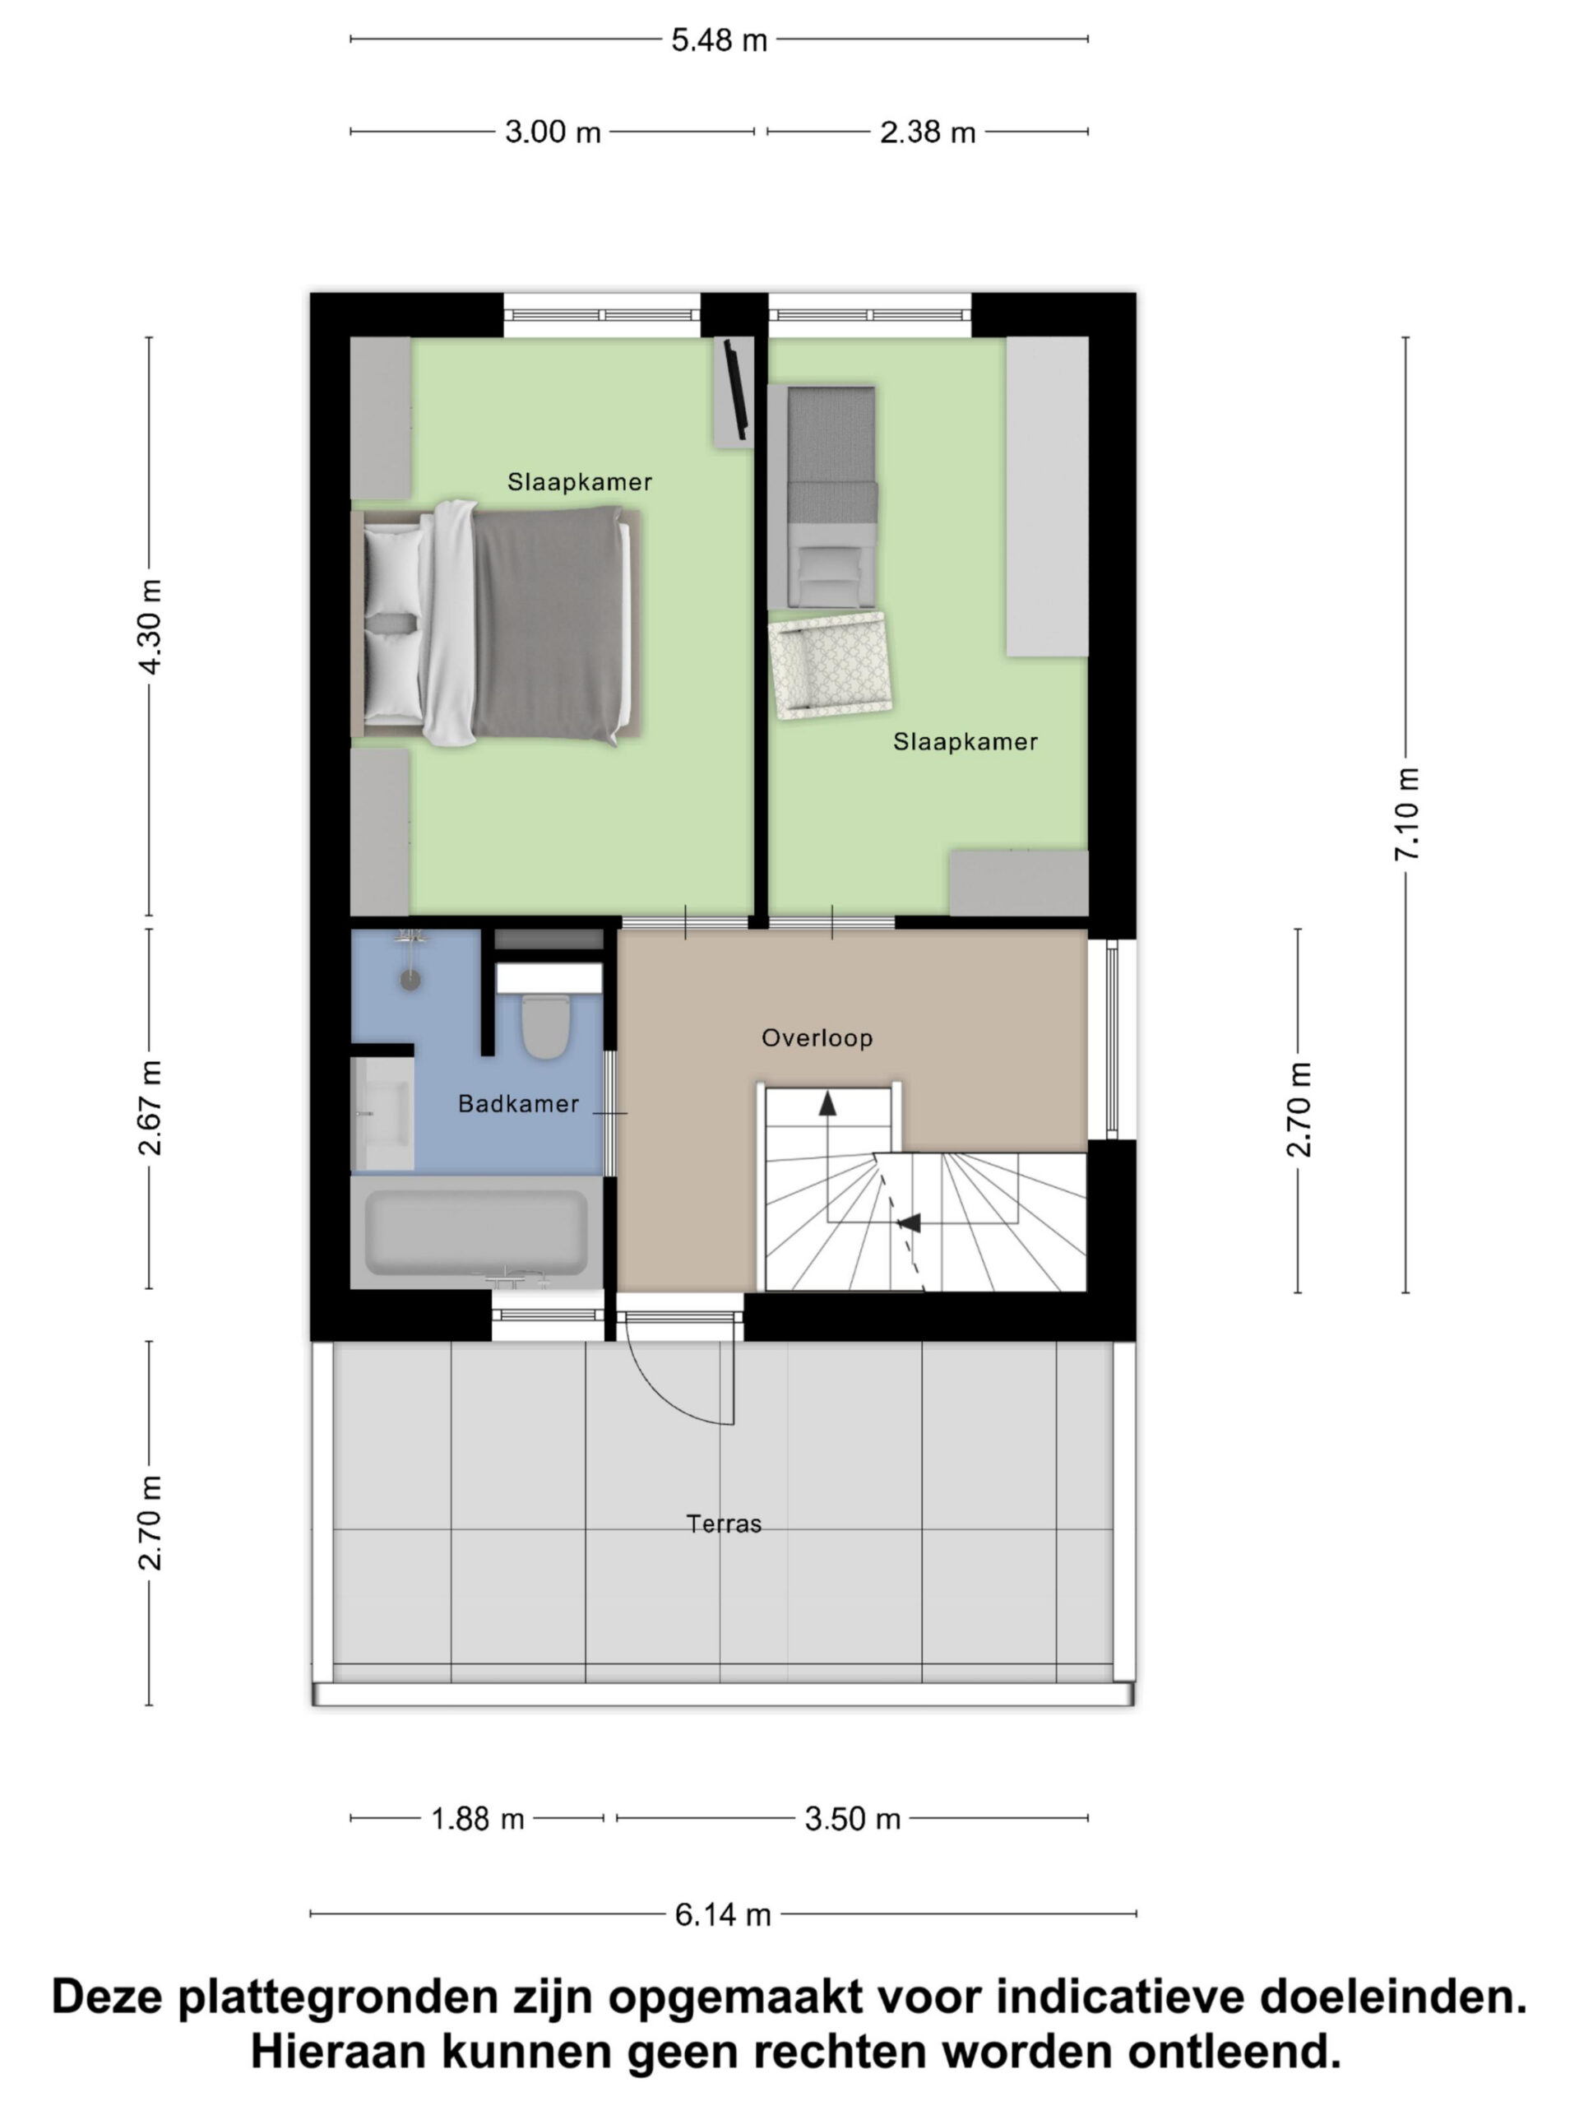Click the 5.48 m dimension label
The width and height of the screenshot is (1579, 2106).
(719, 40)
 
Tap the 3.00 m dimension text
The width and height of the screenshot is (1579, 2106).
(553, 132)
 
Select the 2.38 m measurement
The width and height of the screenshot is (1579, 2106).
(928, 132)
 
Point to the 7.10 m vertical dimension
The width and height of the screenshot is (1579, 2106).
(1407, 814)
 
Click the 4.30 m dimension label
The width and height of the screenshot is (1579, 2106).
(150, 627)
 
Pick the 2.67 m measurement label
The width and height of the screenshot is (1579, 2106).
(150, 1107)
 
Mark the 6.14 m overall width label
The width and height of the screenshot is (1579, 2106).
(724, 1914)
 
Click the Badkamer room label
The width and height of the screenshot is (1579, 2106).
(519, 1103)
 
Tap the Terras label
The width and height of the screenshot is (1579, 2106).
(725, 1524)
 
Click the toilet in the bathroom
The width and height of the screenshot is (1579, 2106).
(545, 1027)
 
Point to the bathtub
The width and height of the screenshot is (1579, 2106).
(477, 1232)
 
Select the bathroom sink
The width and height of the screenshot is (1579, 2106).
(382, 1113)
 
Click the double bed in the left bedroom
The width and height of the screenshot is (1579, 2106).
(496, 624)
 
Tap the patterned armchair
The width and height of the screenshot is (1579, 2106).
(830, 665)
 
